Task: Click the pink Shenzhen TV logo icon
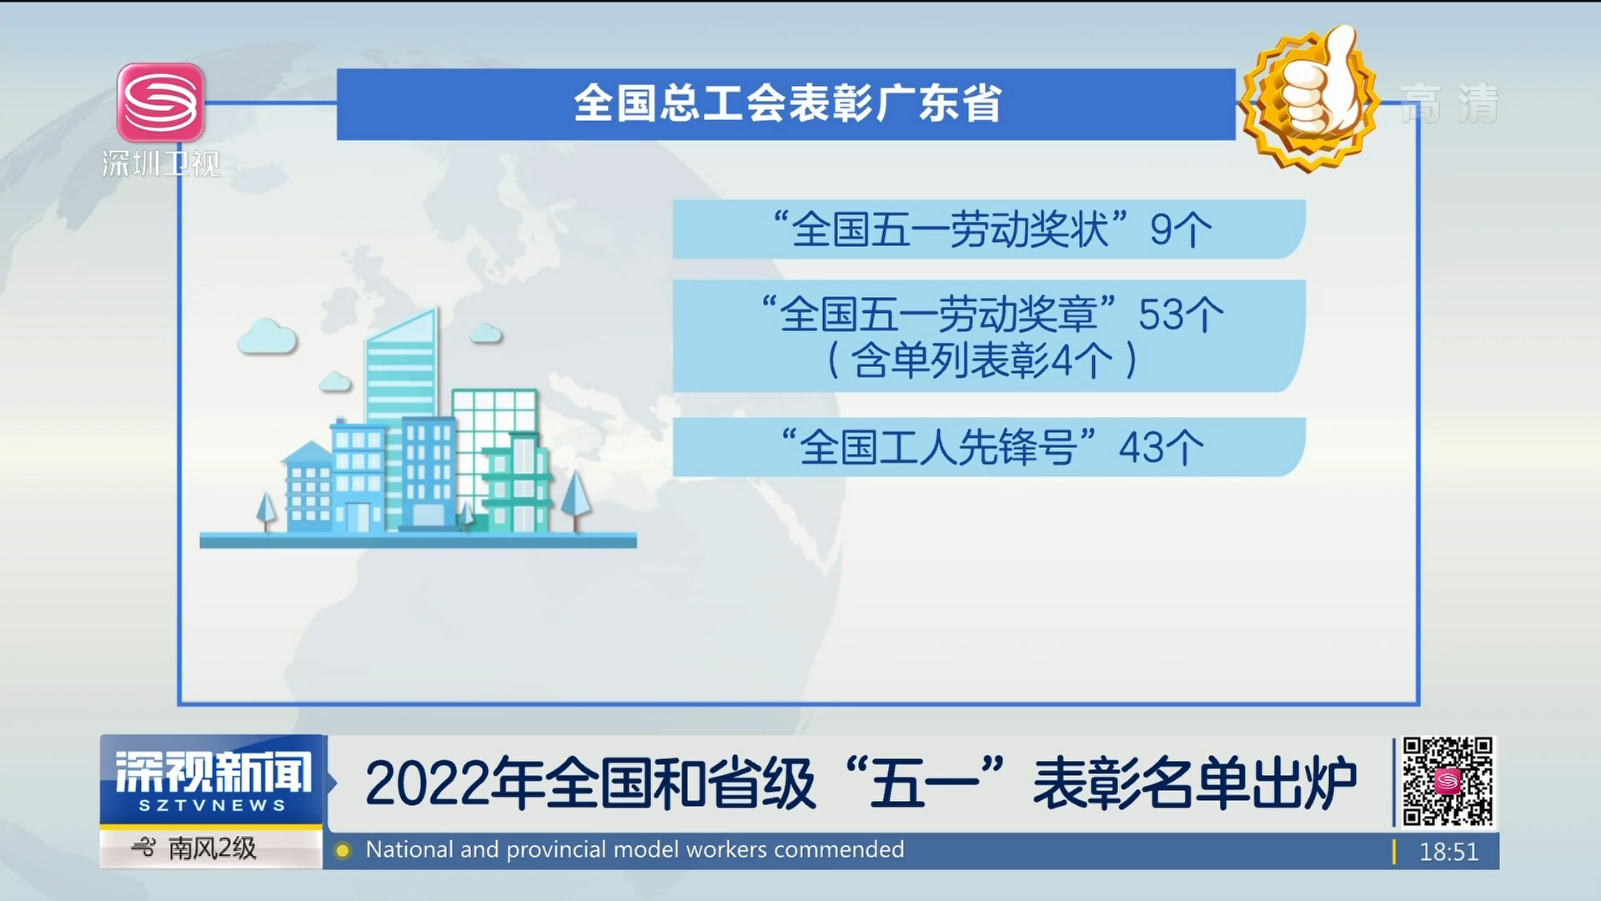pyautogui.click(x=161, y=103)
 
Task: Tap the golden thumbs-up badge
pyautogui.click(x=1308, y=98)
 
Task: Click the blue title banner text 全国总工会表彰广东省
pyautogui.click(x=787, y=104)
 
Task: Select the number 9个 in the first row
pyautogui.click(x=1181, y=229)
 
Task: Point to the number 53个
pyautogui.click(x=1181, y=315)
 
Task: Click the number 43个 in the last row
pyautogui.click(x=1162, y=447)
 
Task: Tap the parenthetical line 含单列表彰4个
pyautogui.click(x=983, y=361)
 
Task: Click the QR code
pyautogui.click(x=1448, y=782)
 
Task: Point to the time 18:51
pyautogui.click(x=1448, y=852)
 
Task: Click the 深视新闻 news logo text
pyautogui.click(x=213, y=772)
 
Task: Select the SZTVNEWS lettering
pyautogui.click(x=212, y=806)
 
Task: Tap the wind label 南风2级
pyautogui.click(x=212, y=848)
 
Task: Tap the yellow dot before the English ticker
pyautogui.click(x=342, y=851)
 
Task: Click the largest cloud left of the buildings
pyautogui.click(x=267, y=336)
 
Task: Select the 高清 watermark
pyautogui.click(x=1449, y=104)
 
